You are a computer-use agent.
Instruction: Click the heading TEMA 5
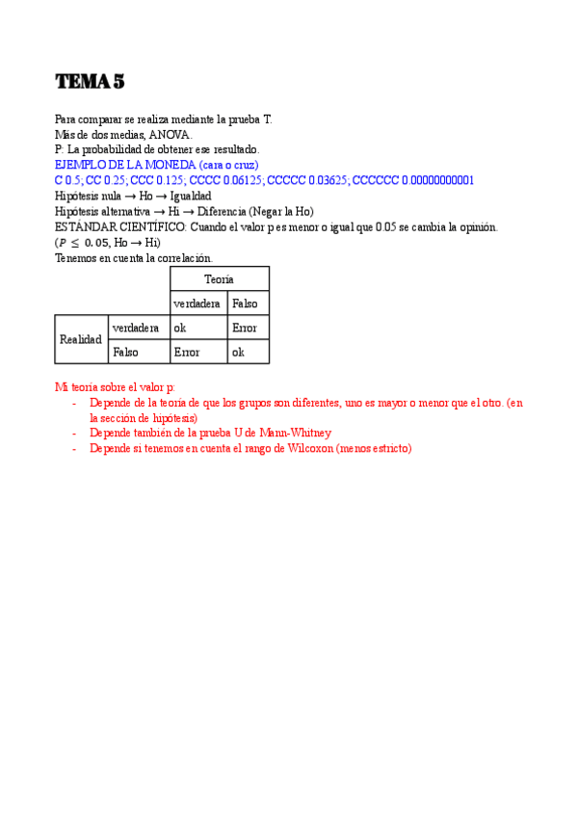tap(90, 82)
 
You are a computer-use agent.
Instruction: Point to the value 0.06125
tap(244, 180)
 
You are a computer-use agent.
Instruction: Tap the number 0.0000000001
tap(437, 180)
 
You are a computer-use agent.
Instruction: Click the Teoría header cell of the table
tap(219, 278)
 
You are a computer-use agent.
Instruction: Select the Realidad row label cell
tap(81, 339)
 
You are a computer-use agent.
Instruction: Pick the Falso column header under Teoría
tap(247, 303)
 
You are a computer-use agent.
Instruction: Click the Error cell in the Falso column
tap(246, 328)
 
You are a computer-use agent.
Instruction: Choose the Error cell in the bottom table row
tap(186, 352)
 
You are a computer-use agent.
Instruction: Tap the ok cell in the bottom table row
tap(238, 352)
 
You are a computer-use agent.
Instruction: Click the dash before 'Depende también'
tap(75, 434)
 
